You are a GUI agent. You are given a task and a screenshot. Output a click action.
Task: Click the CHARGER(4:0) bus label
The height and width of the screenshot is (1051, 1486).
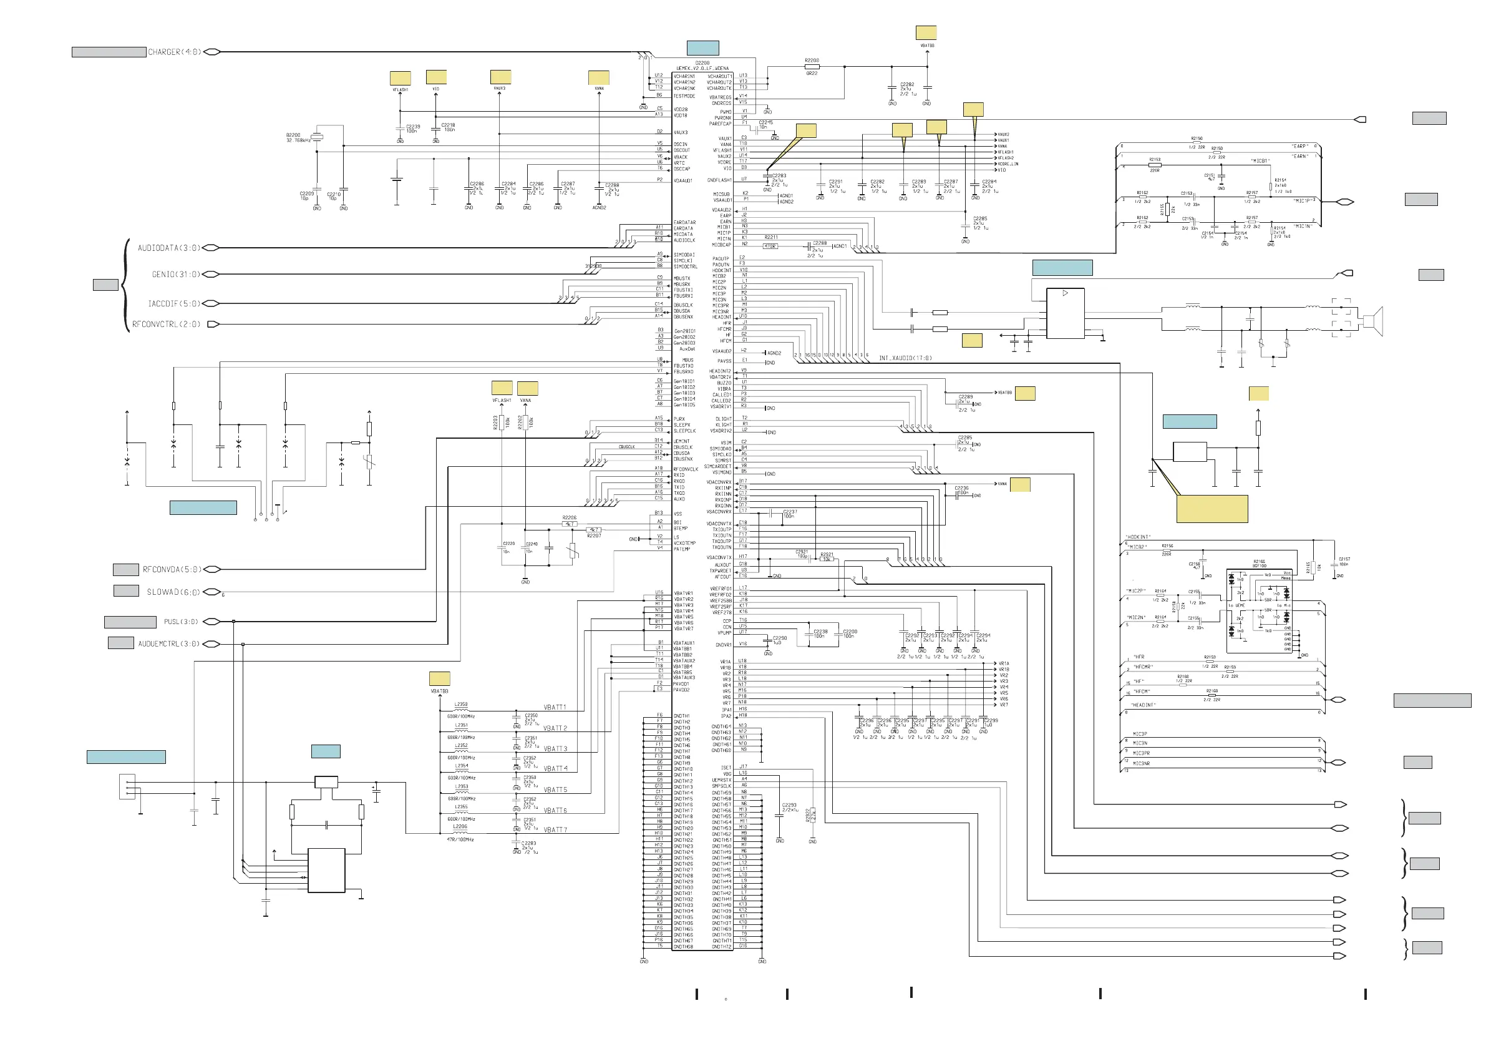(174, 52)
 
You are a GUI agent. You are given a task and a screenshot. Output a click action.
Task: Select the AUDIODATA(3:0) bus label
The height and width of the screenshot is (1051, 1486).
(168, 248)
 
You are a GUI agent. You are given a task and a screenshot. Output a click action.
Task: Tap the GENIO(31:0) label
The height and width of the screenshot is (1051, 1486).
(176, 275)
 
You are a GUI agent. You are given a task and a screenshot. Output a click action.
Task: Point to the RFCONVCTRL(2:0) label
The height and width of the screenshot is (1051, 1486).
(167, 325)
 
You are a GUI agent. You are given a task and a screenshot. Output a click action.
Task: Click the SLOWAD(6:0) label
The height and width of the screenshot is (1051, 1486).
(173, 592)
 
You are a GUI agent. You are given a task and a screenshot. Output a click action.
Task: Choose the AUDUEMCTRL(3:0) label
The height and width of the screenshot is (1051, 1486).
(169, 643)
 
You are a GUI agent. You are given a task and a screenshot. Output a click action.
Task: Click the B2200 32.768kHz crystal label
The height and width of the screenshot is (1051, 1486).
(298, 138)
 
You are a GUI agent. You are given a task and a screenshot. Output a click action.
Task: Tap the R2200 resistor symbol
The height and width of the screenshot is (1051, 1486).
(812, 66)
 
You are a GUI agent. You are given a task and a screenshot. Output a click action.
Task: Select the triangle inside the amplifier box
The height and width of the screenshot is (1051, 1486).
(1066, 293)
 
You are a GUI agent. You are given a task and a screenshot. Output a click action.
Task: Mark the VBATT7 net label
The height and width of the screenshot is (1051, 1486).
(555, 829)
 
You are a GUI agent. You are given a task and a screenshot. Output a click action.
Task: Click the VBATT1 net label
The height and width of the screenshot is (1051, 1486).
(555, 707)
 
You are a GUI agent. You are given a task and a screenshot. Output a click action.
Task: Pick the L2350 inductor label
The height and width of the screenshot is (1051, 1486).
(461, 704)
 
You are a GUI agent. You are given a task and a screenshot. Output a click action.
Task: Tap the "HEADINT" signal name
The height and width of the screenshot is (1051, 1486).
(1143, 705)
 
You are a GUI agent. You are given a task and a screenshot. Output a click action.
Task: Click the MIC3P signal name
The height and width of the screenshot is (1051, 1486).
(1140, 734)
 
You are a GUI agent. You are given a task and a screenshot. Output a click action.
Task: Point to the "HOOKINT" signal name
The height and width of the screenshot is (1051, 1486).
(1138, 537)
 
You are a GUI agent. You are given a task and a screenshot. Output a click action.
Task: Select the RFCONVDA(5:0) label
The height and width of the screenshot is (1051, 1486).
(172, 570)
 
